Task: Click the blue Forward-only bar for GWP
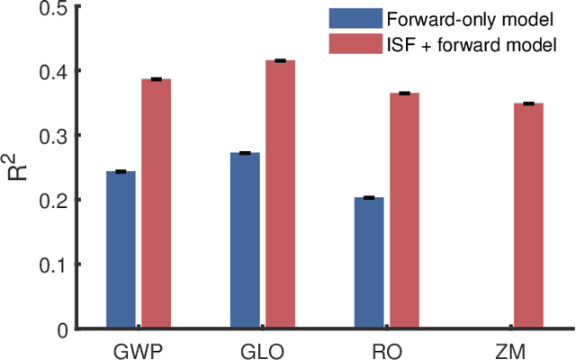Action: (121, 249)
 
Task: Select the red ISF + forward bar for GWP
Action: (156, 203)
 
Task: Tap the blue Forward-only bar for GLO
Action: (245, 240)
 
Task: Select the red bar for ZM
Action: (528, 217)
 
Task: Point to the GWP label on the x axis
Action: (138, 348)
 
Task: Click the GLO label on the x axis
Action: (262, 348)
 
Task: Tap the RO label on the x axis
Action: (387, 348)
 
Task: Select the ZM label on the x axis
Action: (511, 348)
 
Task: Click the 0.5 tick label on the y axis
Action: (55, 7)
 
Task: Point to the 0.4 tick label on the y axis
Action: (55, 71)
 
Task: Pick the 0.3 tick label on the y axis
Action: (55, 136)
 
